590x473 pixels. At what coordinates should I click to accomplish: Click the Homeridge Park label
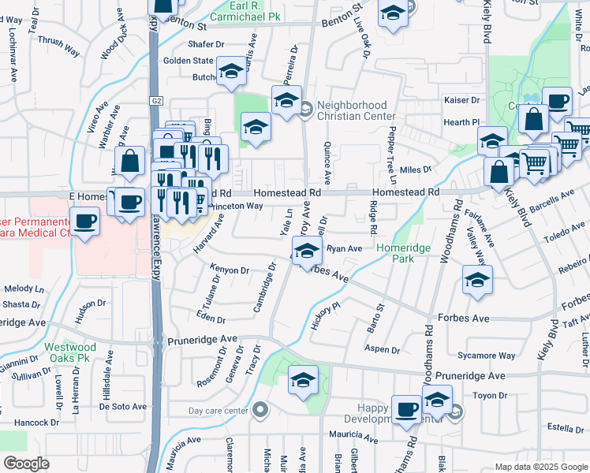tap(403, 253)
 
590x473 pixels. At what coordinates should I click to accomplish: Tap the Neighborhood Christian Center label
tap(352, 110)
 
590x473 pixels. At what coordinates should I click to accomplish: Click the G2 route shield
tap(156, 100)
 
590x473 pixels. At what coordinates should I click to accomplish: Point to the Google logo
tap(26, 464)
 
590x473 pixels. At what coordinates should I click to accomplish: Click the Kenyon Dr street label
tap(230, 270)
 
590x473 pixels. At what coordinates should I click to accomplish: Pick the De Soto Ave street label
tap(123, 407)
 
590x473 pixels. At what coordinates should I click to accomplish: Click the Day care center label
tap(218, 411)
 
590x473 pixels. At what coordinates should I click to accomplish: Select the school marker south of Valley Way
tap(477, 280)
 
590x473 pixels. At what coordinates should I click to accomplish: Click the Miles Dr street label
tap(416, 169)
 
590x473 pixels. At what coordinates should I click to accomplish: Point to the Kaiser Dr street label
tap(464, 100)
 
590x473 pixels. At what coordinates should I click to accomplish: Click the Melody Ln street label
tap(23, 289)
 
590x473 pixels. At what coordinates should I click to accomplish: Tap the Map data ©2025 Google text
tap(541, 467)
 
